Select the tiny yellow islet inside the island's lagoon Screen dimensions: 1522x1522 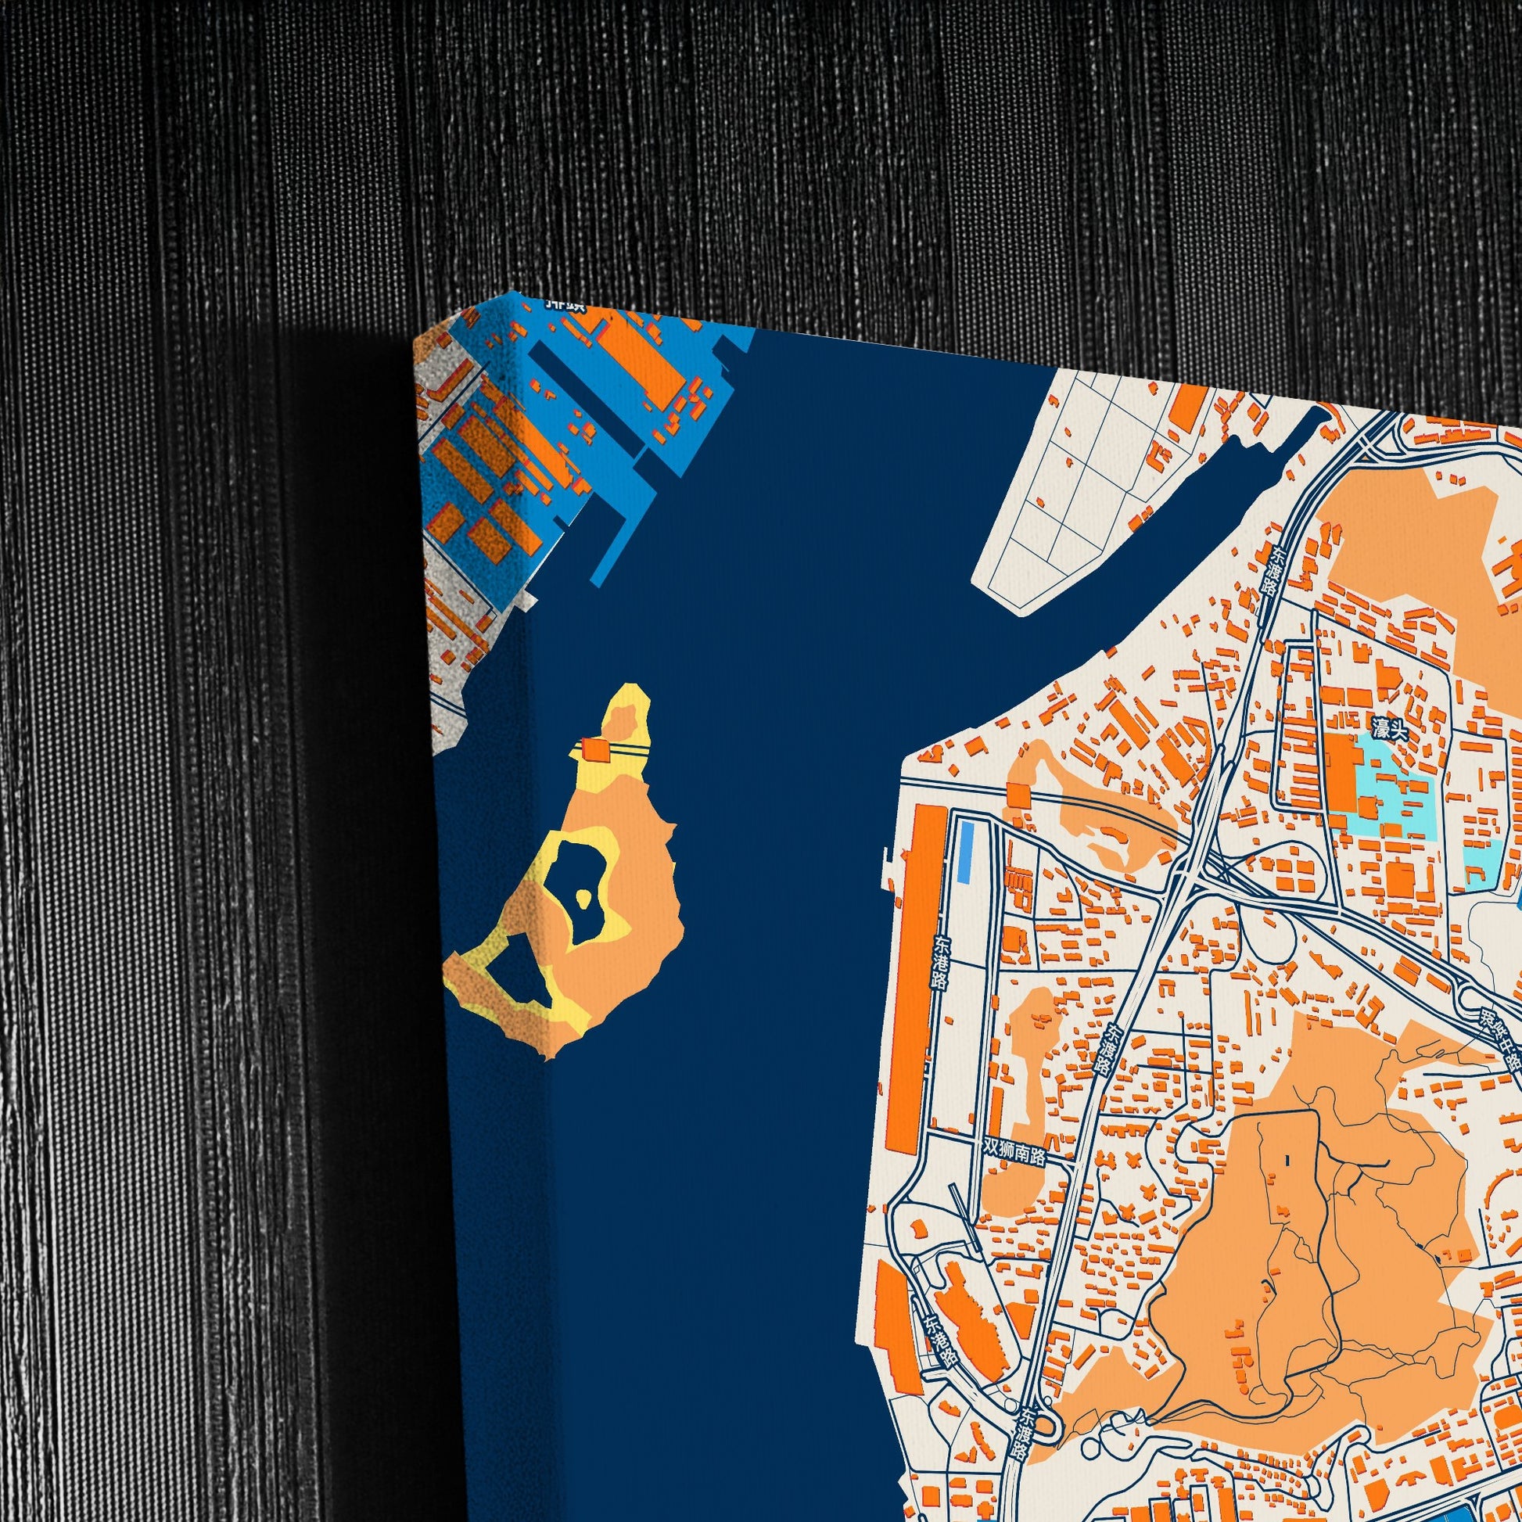(x=583, y=897)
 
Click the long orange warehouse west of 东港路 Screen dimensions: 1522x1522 (x=908, y=978)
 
